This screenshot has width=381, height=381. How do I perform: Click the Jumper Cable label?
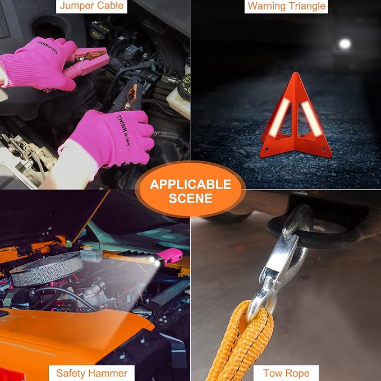[91, 6]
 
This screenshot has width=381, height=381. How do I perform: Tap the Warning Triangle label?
[286, 6]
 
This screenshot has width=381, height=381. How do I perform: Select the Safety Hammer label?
[91, 373]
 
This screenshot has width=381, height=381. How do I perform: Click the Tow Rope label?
[286, 373]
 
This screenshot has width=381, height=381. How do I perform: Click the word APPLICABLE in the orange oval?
[190, 185]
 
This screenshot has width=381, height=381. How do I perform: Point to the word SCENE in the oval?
[191, 198]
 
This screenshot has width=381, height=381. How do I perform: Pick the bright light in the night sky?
[345, 44]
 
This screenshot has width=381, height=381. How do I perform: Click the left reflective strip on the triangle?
[279, 118]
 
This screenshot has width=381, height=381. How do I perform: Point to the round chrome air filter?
[47, 269]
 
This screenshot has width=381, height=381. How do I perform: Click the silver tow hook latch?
[281, 258]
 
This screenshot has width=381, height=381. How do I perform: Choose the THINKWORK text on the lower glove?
[123, 130]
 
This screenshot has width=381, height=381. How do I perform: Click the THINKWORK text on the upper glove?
[48, 47]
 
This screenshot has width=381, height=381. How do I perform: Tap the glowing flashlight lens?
[155, 261]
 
